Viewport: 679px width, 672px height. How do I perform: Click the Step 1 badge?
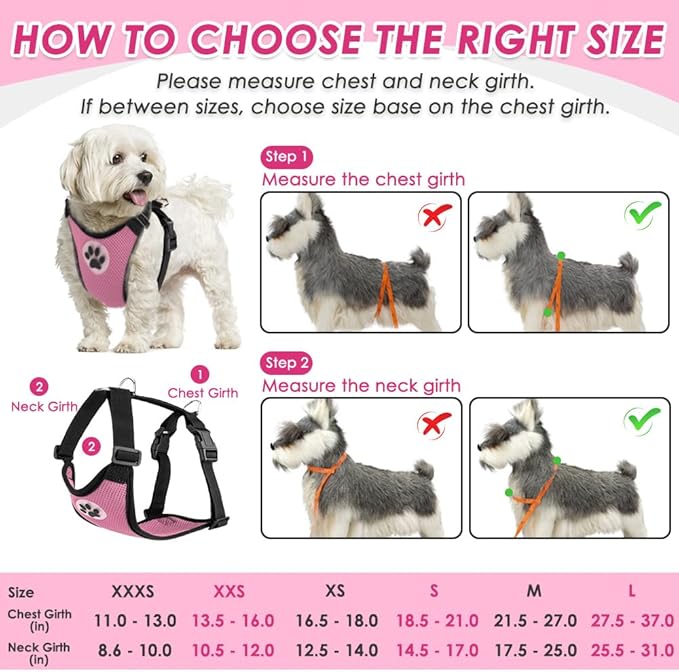287,156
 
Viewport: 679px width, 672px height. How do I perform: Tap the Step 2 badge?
287,362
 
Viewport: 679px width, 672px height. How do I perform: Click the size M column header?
534,591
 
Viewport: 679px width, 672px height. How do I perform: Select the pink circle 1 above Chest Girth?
201,374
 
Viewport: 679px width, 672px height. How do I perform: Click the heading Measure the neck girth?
361,385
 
